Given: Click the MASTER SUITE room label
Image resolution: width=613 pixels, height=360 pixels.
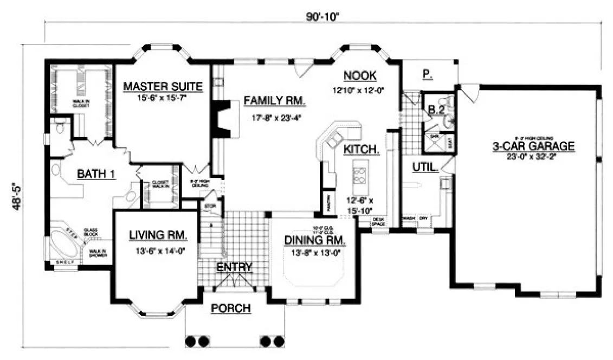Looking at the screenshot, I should pyautogui.click(x=163, y=86).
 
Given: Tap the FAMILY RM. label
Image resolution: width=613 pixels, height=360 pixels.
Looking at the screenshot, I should pyautogui.click(x=274, y=101).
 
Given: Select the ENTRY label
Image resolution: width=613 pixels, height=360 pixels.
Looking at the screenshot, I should pyautogui.click(x=234, y=267).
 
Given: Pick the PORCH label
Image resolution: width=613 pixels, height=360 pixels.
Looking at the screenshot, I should pyautogui.click(x=231, y=308).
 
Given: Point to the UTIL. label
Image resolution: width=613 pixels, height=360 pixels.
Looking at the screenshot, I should pyautogui.click(x=425, y=168).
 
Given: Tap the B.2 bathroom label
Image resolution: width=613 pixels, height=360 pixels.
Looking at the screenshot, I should pyautogui.click(x=436, y=110).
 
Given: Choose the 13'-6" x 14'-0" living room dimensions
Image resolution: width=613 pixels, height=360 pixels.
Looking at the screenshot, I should pyautogui.click(x=158, y=250).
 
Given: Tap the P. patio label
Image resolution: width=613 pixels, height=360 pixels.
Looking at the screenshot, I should pyautogui.click(x=428, y=76).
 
